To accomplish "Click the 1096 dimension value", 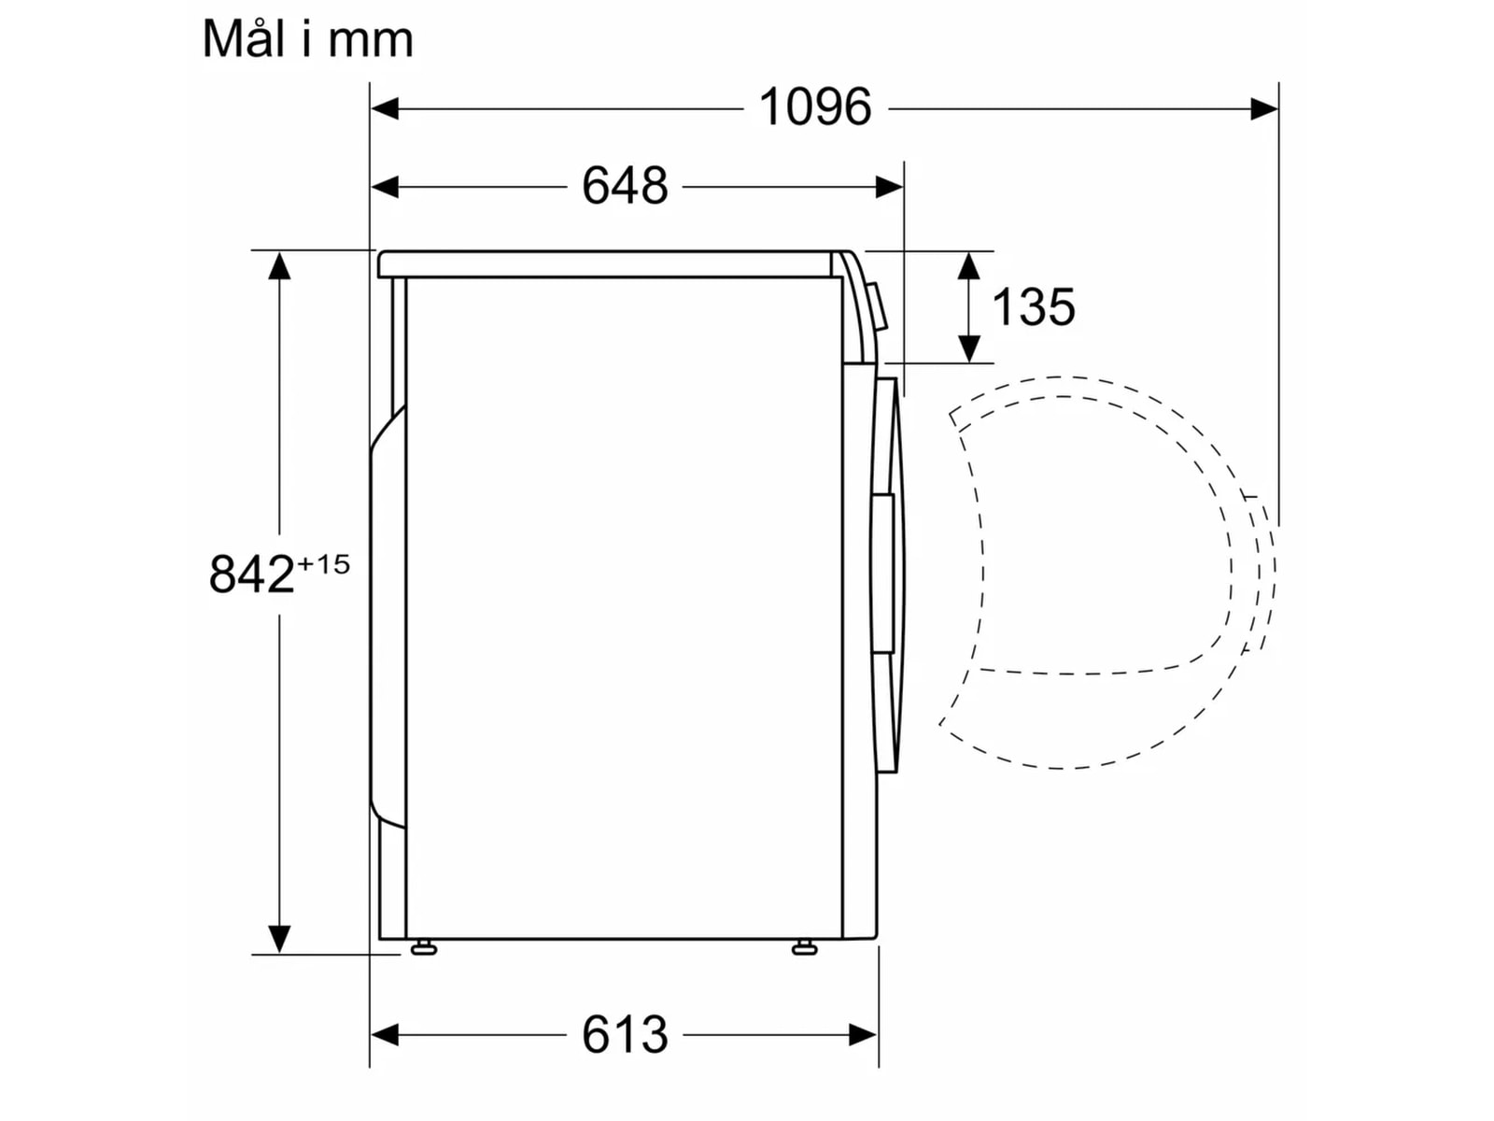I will coord(815,107).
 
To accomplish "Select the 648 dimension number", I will coord(625,186).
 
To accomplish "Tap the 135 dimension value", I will coord(1034,307).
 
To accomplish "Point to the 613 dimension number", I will coord(625,1034).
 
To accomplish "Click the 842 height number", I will coord(251,574).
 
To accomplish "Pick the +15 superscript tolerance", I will coord(323,564).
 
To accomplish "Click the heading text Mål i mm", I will coord(307,40).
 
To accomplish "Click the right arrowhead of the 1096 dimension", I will coord(1264,109).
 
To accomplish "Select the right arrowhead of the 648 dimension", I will coord(889,188).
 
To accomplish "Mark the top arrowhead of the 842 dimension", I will coord(279,266).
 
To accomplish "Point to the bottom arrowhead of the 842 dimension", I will coord(279,938).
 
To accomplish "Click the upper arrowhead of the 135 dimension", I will coord(969,266).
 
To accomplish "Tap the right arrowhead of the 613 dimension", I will coord(863,1034).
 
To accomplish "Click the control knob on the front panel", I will coord(880,306).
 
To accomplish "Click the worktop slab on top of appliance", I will coord(607,264).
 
